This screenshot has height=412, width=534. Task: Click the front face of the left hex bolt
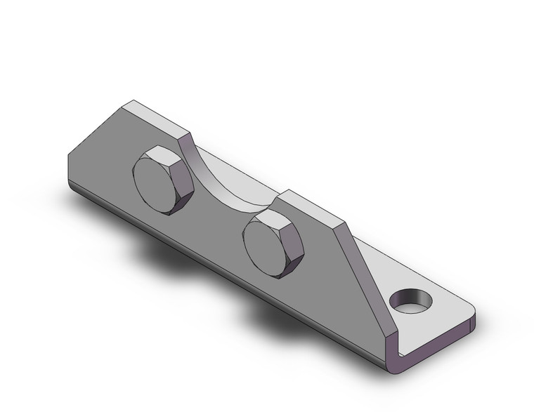click(157, 184)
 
